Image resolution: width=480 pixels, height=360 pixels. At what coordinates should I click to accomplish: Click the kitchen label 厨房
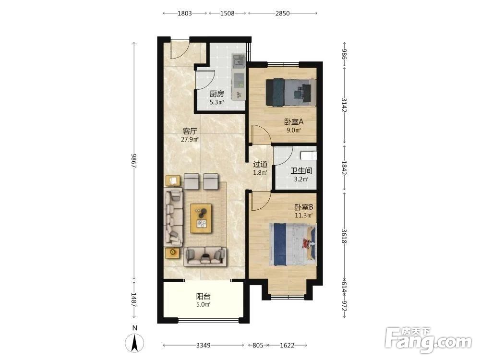pyautogui.click(x=217, y=94)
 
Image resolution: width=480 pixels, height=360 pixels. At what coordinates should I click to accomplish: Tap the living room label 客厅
pyautogui.click(x=190, y=132)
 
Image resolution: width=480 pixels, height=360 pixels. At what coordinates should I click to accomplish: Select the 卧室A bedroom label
pyautogui.click(x=294, y=122)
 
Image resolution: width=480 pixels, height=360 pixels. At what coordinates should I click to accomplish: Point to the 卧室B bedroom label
pyautogui.click(x=304, y=207)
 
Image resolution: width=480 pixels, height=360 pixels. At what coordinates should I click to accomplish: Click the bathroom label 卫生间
pyautogui.click(x=301, y=171)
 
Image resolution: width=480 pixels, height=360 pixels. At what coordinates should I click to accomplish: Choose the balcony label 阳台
pyautogui.click(x=203, y=296)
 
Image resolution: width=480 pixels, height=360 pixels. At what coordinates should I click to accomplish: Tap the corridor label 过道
pyautogui.click(x=260, y=164)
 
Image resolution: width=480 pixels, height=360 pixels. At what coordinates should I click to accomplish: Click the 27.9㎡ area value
pyautogui.click(x=190, y=140)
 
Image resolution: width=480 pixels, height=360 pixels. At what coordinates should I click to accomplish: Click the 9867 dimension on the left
pyautogui.click(x=134, y=160)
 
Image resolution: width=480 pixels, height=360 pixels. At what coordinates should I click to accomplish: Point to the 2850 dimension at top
pyautogui.click(x=282, y=13)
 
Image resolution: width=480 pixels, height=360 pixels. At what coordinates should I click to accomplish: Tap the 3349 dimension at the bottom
pyautogui.click(x=203, y=345)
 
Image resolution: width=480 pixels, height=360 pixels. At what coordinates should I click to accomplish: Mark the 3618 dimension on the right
pyautogui.click(x=344, y=236)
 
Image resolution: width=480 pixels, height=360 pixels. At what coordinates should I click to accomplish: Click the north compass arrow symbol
pyautogui.click(x=134, y=343)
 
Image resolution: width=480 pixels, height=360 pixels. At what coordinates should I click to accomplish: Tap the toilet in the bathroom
pyautogui.click(x=309, y=156)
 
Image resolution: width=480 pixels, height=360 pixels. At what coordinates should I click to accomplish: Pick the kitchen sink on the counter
pyautogui.click(x=238, y=61)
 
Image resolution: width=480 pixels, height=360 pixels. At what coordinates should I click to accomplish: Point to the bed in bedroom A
pyautogui.click(x=291, y=92)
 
